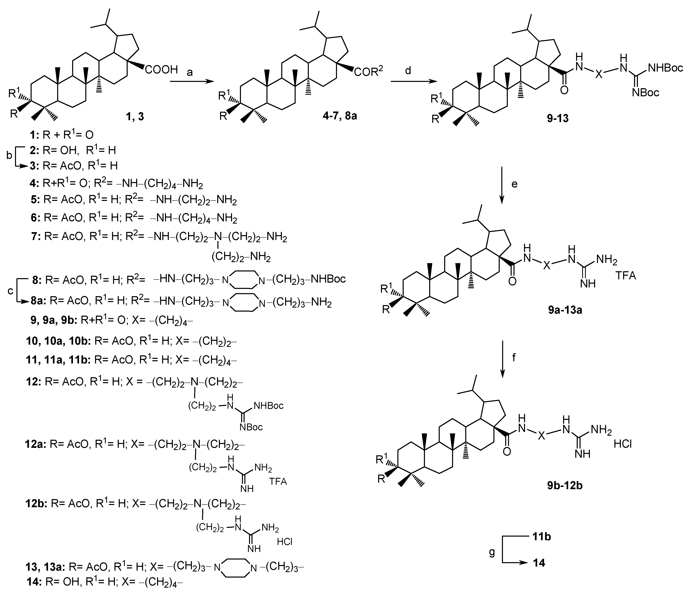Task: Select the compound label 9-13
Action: pyautogui.click(x=557, y=118)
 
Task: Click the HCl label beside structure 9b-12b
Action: pyautogui.click(x=622, y=445)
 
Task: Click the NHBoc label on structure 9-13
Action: pyautogui.click(x=665, y=68)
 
